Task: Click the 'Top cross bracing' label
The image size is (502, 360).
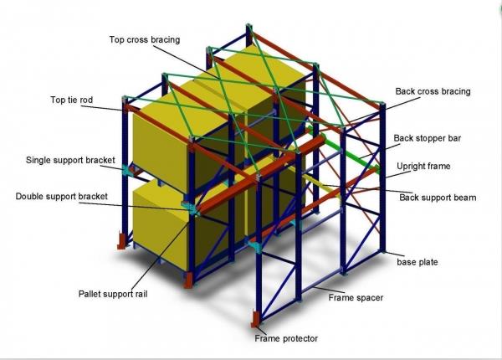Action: pos(145,39)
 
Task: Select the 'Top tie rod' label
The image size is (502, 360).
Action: pos(71,100)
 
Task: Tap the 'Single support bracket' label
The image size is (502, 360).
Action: pos(70,160)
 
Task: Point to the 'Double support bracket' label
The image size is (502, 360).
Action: pos(61,197)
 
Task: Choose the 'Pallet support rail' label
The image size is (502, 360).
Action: pos(113,294)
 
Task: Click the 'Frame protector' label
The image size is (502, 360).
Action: pos(286,338)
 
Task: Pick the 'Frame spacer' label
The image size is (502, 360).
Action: pos(356,298)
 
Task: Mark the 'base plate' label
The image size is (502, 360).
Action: pos(417,262)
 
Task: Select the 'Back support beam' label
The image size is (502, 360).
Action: pos(438,198)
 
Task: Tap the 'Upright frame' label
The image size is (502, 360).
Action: pos(423,167)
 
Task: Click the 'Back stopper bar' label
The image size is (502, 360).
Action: pos(427,138)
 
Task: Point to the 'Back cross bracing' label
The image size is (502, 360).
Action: pos(433,91)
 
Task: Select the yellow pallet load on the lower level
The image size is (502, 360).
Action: pos(160,224)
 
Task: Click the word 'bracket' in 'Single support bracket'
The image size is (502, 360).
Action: pos(100,160)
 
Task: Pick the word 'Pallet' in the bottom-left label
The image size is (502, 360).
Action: pos(89,294)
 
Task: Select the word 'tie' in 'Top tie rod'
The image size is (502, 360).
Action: pos(72,100)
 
